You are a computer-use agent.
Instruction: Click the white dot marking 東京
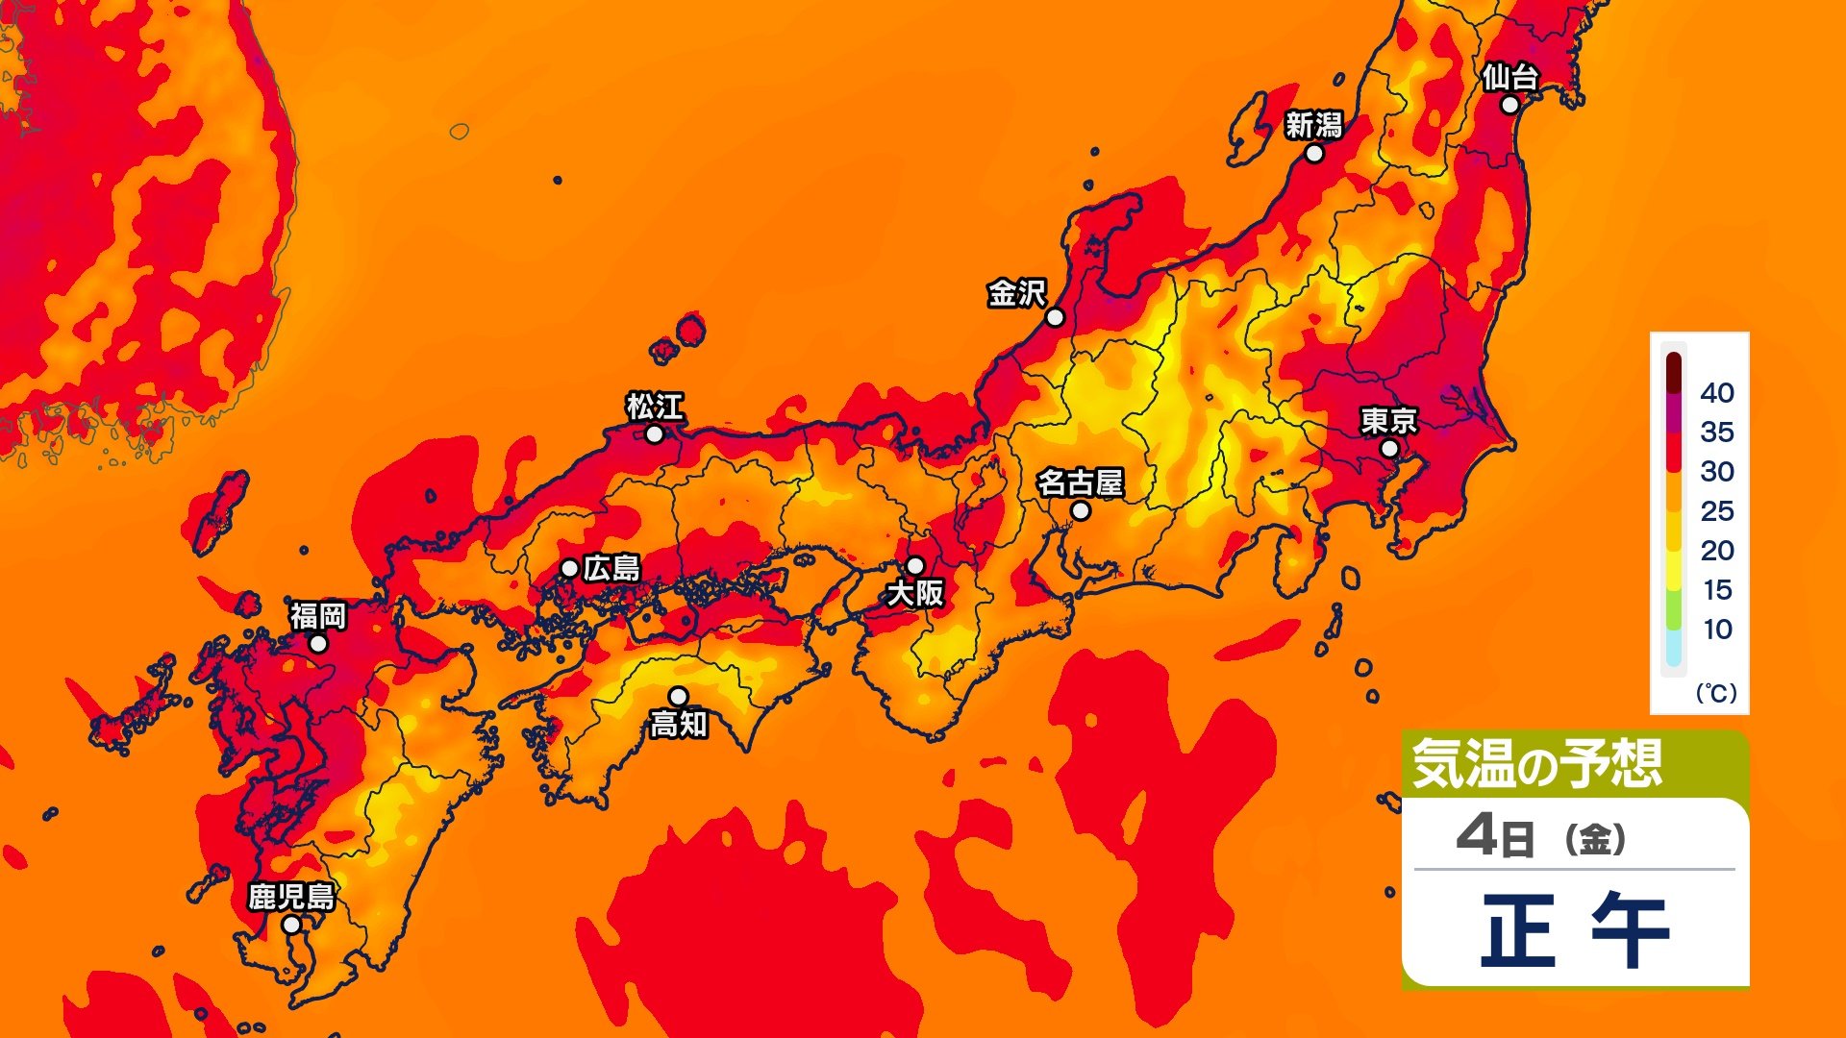point(1389,448)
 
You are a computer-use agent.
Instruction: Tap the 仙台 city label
point(1509,77)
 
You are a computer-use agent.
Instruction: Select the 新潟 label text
point(1313,125)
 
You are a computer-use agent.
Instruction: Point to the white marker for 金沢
point(1055,317)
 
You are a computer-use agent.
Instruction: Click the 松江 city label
point(655,407)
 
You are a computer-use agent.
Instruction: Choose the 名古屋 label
point(1080,482)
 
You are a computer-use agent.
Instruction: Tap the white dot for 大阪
point(915,565)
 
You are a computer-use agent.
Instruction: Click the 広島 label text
point(611,568)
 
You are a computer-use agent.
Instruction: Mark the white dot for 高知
point(679,696)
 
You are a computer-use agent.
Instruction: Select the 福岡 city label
point(318,615)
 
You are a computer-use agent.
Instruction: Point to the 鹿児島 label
point(291,897)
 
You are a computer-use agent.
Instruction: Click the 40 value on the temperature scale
point(1716,393)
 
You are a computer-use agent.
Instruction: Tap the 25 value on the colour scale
point(1716,511)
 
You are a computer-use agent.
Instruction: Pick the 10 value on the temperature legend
point(1716,630)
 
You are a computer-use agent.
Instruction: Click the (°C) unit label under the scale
point(1716,693)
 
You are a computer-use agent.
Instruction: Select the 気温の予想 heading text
point(1536,764)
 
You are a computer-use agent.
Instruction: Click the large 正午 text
point(1574,929)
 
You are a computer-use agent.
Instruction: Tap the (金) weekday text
point(1595,839)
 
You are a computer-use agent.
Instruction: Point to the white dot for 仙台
point(1510,104)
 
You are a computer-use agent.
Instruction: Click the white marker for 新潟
point(1314,153)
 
